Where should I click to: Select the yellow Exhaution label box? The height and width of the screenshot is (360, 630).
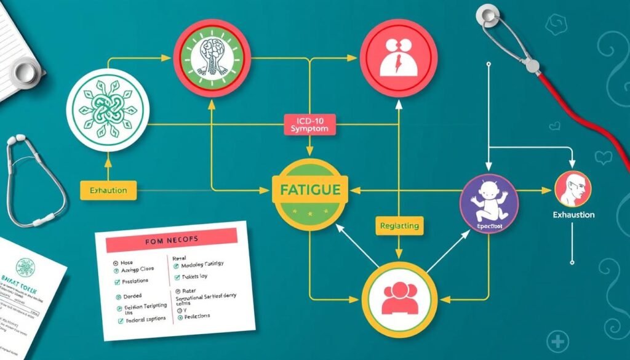[108, 190]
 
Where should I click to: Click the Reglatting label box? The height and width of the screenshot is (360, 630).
[400, 226]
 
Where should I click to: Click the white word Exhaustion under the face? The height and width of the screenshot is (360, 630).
[573, 215]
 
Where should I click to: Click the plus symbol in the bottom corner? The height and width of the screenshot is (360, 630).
[558, 342]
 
